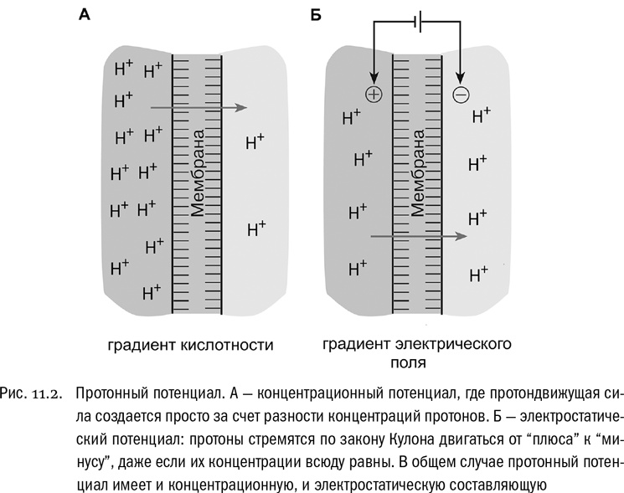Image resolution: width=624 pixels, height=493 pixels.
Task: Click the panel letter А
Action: pyautogui.click(x=84, y=14)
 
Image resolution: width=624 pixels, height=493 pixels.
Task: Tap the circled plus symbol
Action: pyautogui.click(x=374, y=95)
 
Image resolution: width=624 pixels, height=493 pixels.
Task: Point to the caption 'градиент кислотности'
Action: pyautogui.click(x=191, y=344)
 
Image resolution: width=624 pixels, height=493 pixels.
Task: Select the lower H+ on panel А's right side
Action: pyautogui.click(x=256, y=227)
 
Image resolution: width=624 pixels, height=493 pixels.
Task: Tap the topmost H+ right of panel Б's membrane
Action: pyautogui.click(x=482, y=114)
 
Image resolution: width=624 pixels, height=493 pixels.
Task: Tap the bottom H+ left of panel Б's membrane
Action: pyautogui.click(x=358, y=268)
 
